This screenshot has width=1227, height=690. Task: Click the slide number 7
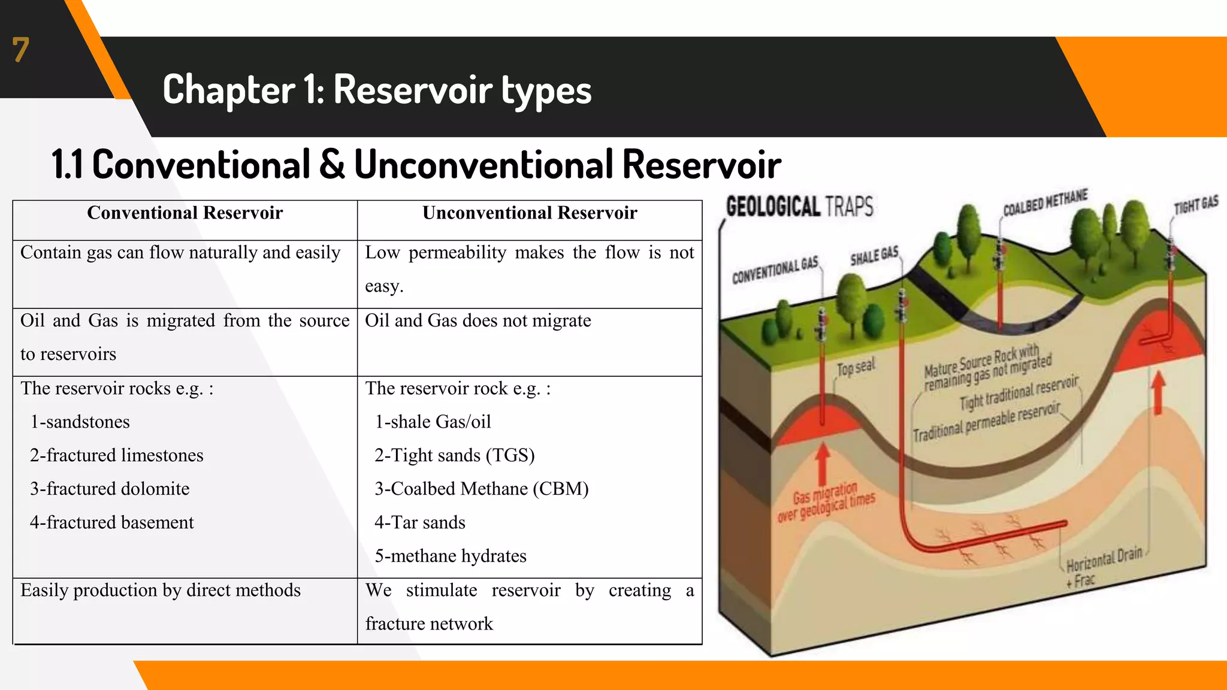click(20, 50)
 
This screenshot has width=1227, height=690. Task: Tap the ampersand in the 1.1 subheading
click(332, 165)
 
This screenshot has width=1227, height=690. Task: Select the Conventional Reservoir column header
click(185, 213)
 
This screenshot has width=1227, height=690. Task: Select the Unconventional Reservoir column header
click(530, 213)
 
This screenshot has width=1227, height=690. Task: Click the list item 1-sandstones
click(80, 422)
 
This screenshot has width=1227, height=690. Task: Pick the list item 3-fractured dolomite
click(110, 489)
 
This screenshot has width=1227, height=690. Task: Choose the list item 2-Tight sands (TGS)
click(454, 455)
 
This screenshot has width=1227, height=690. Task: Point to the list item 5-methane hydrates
click(450, 556)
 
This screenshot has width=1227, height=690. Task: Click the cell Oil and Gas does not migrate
click(477, 321)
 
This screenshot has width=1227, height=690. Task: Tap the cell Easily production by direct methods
click(161, 591)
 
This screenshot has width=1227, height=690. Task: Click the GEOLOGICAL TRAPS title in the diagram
click(799, 207)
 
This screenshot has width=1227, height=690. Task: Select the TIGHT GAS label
click(1196, 205)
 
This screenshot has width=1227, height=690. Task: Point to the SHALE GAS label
click(874, 256)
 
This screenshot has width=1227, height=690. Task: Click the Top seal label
click(856, 367)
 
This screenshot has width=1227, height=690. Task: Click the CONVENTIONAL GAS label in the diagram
click(775, 270)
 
